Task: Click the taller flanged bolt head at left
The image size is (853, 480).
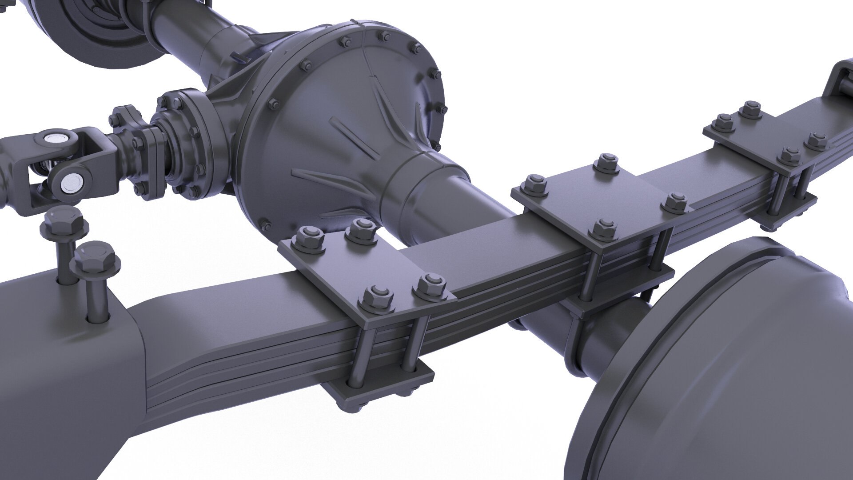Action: pyautogui.click(x=64, y=221)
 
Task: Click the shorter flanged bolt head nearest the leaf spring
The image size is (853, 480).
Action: pyautogui.click(x=97, y=259)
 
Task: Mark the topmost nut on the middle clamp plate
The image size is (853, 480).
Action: pyautogui.click(x=606, y=161)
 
